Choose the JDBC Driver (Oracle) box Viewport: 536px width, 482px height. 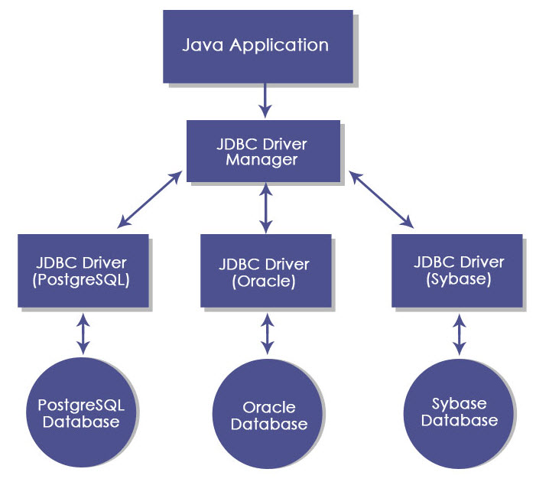265,271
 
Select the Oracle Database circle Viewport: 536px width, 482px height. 268,415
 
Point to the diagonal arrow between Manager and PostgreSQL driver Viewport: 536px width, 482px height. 151,200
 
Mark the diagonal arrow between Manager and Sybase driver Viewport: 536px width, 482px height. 381,200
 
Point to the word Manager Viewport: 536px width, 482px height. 263,160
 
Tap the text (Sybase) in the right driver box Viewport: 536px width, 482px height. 458,278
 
